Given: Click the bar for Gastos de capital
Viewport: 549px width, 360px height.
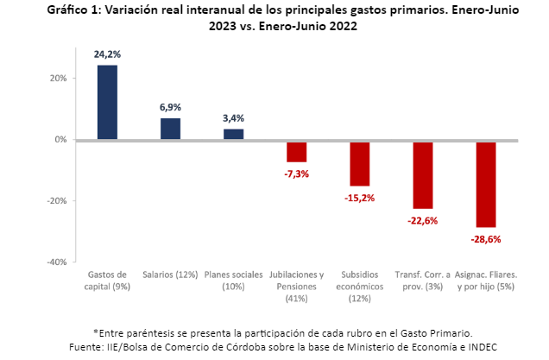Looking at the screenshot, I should pyautogui.click(x=107, y=102).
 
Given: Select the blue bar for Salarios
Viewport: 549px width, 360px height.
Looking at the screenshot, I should pyautogui.click(x=171, y=129).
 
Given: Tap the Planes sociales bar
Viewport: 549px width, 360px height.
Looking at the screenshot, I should pyautogui.click(x=234, y=134).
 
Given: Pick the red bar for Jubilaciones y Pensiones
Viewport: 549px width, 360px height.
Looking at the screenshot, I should pyautogui.click(x=297, y=151).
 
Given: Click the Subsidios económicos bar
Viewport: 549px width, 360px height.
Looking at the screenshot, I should pyautogui.click(x=360, y=163).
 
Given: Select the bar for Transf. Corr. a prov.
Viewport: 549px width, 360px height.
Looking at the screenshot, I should pyautogui.click(x=423, y=174).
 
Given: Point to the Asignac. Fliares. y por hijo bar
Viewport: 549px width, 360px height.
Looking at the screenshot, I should pyautogui.click(x=486, y=184).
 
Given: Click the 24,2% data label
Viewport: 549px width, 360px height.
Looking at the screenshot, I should pyautogui.click(x=107, y=54).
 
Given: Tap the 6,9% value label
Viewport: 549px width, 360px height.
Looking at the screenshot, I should pyautogui.click(x=171, y=107).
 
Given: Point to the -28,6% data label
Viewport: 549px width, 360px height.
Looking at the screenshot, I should pyautogui.click(x=486, y=239).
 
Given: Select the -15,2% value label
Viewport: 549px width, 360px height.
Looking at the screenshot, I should pyautogui.click(x=360, y=198).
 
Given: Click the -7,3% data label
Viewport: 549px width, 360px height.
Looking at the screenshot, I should pyautogui.click(x=297, y=174).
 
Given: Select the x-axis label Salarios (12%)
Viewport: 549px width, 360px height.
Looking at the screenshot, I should pyautogui.click(x=171, y=275).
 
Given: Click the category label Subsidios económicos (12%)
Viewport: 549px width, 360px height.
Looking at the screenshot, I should pyautogui.click(x=360, y=286).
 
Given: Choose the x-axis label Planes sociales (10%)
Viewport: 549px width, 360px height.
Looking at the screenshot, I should pyautogui.click(x=234, y=280).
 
